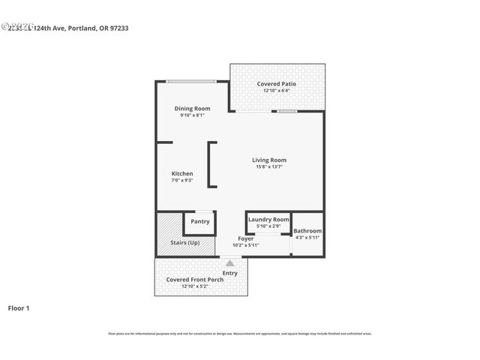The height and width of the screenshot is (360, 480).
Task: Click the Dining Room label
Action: coord(192,109)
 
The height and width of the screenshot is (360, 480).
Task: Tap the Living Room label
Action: coord(268,160)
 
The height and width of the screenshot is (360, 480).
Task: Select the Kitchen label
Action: coord(182,173)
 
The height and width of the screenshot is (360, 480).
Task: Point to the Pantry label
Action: coord(200,221)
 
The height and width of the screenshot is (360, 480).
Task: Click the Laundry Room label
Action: coord(268,219)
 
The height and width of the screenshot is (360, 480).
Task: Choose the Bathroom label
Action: coord(307,231)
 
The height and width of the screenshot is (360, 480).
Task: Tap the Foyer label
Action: coord(245,238)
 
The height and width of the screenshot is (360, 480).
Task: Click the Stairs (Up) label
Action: coord(185,243)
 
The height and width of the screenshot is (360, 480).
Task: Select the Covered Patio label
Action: coord(276,84)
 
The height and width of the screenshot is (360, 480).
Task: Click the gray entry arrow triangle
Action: coord(230,263)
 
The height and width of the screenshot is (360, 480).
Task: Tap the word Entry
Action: coord(230,272)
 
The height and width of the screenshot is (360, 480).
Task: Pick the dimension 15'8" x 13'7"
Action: coord(268,167)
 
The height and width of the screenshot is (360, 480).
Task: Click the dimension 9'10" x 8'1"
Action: coord(192,115)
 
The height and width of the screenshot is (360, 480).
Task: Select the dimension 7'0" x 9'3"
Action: coord(182,180)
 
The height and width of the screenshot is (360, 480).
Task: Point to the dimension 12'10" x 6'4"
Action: coord(276,91)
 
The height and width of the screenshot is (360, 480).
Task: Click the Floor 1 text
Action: coord(19,307)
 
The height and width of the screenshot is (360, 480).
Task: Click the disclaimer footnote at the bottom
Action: coord(239,334)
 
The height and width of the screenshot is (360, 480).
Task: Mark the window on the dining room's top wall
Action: coord(192,81)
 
